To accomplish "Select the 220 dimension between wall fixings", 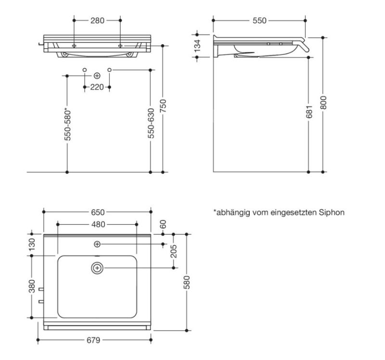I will click(x=97, y=87).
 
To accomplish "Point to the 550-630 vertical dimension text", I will click(x=151, y=123).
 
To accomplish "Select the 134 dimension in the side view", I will click(x=197, y=46).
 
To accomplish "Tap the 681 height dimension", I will click(x=309, y=112).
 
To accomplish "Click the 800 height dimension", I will click(x=323, y=103).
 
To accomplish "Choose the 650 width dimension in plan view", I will click(x=97, y=212).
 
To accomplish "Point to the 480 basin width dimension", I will click(x=98, y=224).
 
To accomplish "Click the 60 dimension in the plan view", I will click(x=163, y=224).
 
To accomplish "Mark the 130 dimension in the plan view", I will click(x=32, y=244).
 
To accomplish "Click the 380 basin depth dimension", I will click(x=32, y=287).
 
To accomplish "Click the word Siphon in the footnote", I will click(x=332, y=212).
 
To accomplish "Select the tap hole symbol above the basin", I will click(x=97, y=244).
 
